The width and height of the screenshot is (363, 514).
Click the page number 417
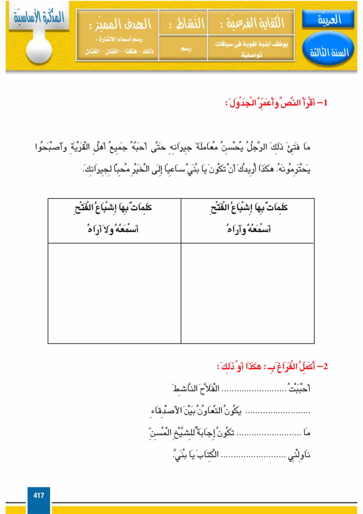(39, 495)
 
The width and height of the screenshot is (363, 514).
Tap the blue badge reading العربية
(329, 21)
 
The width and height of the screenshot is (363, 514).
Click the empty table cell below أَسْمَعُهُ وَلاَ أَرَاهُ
(114, 293)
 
